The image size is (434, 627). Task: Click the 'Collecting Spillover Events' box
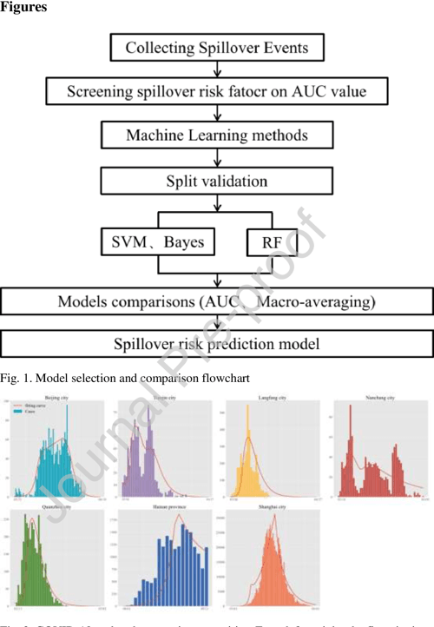[217, 47]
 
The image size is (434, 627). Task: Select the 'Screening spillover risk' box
[217, 90]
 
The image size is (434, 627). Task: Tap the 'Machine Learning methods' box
[217, 135]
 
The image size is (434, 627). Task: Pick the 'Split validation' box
[217, 181]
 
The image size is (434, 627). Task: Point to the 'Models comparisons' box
[217, 301]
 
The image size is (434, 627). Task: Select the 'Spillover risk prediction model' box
[217, 342]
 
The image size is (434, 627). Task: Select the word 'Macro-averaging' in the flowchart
[320, 301]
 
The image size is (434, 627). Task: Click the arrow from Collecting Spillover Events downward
[216, 68]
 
